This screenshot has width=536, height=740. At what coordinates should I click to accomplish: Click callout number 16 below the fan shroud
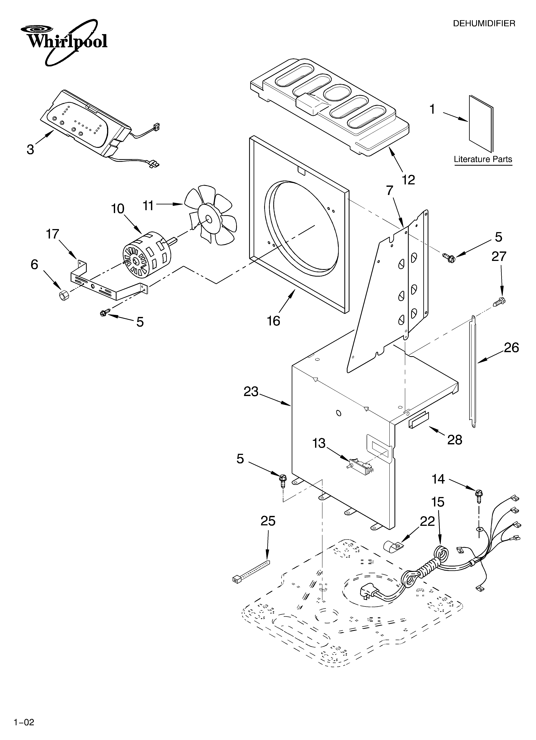coord(274,321)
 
